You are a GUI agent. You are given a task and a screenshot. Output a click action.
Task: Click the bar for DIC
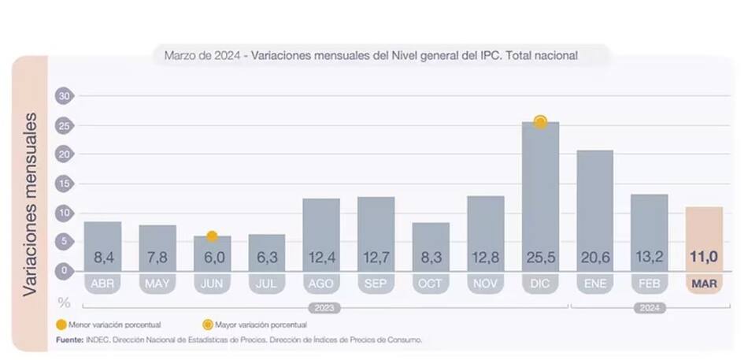tap(540, 197)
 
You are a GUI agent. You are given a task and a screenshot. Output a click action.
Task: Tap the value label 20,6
tap(594, 257)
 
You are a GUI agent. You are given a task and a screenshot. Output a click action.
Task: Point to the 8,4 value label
tap(102, 257)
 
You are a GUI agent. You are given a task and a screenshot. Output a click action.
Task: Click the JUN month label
tap(212, 284)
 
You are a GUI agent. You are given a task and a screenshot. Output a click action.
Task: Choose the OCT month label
tap(431, 284)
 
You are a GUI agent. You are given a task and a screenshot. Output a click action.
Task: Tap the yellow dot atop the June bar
tap(212, 236)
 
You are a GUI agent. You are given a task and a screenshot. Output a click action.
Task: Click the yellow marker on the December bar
tap(540, 121)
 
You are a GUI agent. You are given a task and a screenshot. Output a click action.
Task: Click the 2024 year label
tap(649, 308)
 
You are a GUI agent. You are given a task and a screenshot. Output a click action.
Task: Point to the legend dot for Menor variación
tap(61, 325)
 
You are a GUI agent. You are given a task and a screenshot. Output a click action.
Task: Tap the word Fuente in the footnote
tap(69, 340)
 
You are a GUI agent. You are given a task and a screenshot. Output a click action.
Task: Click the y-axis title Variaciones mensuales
tap(30, 203)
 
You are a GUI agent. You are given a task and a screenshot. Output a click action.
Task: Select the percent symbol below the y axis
tap(65, 302)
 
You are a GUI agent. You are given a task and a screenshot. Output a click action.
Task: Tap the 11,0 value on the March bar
tap(704, 257)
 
